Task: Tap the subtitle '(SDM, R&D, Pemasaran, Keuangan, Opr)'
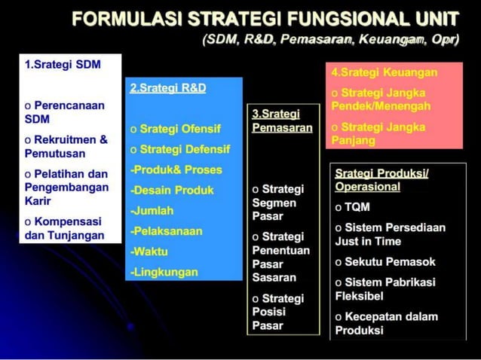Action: (x=330, y=40)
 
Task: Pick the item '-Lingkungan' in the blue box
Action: (x=164, y=271)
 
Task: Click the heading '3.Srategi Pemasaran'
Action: (x=282, y=121)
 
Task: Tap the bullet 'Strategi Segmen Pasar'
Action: (x=277, y=202)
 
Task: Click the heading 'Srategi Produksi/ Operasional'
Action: (x=381, y=179)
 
